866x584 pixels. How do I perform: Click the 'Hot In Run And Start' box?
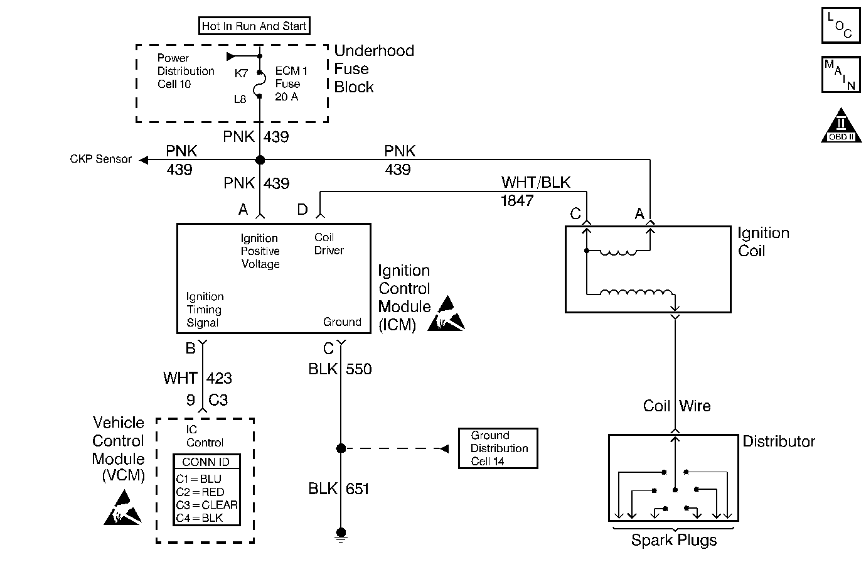pos(254,26)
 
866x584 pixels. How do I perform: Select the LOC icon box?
pos(840,25)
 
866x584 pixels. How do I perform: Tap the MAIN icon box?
pos(840,74)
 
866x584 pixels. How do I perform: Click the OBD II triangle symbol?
pos(840,127)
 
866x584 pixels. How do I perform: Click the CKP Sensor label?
pos(100,160)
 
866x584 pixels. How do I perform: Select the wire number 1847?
pos(517,201)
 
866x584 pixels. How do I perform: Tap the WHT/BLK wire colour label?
pos(536,183)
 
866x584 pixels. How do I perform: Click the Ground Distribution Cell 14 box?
pos(498,448)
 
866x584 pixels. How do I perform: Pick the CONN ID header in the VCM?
pos(206,462)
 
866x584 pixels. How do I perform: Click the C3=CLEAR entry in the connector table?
pos(206,505)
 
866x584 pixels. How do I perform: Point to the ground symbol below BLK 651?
pos(341,534)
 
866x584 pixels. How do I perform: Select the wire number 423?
pos(219,378)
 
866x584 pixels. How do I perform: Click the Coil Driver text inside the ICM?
pos(329,244)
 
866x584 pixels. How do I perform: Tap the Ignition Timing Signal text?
pos(205,310)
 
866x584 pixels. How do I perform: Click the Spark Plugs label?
pos(673,541)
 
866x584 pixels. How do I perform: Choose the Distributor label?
pos(778,441)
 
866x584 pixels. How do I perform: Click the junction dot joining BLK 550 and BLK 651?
pos(341,448)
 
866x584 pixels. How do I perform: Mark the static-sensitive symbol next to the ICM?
pos(447,313)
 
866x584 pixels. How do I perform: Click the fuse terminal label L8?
pos(240,99)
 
